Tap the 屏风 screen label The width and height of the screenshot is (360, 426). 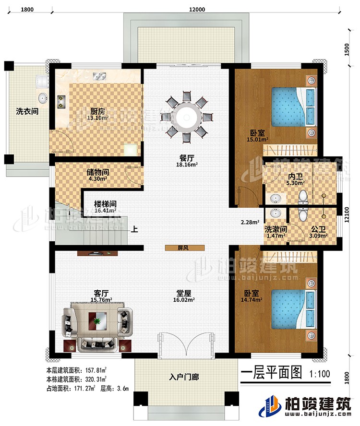click(185, 248)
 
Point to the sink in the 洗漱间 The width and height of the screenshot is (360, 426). click(276, 213)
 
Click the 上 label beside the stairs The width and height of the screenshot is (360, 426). click(136, 229)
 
